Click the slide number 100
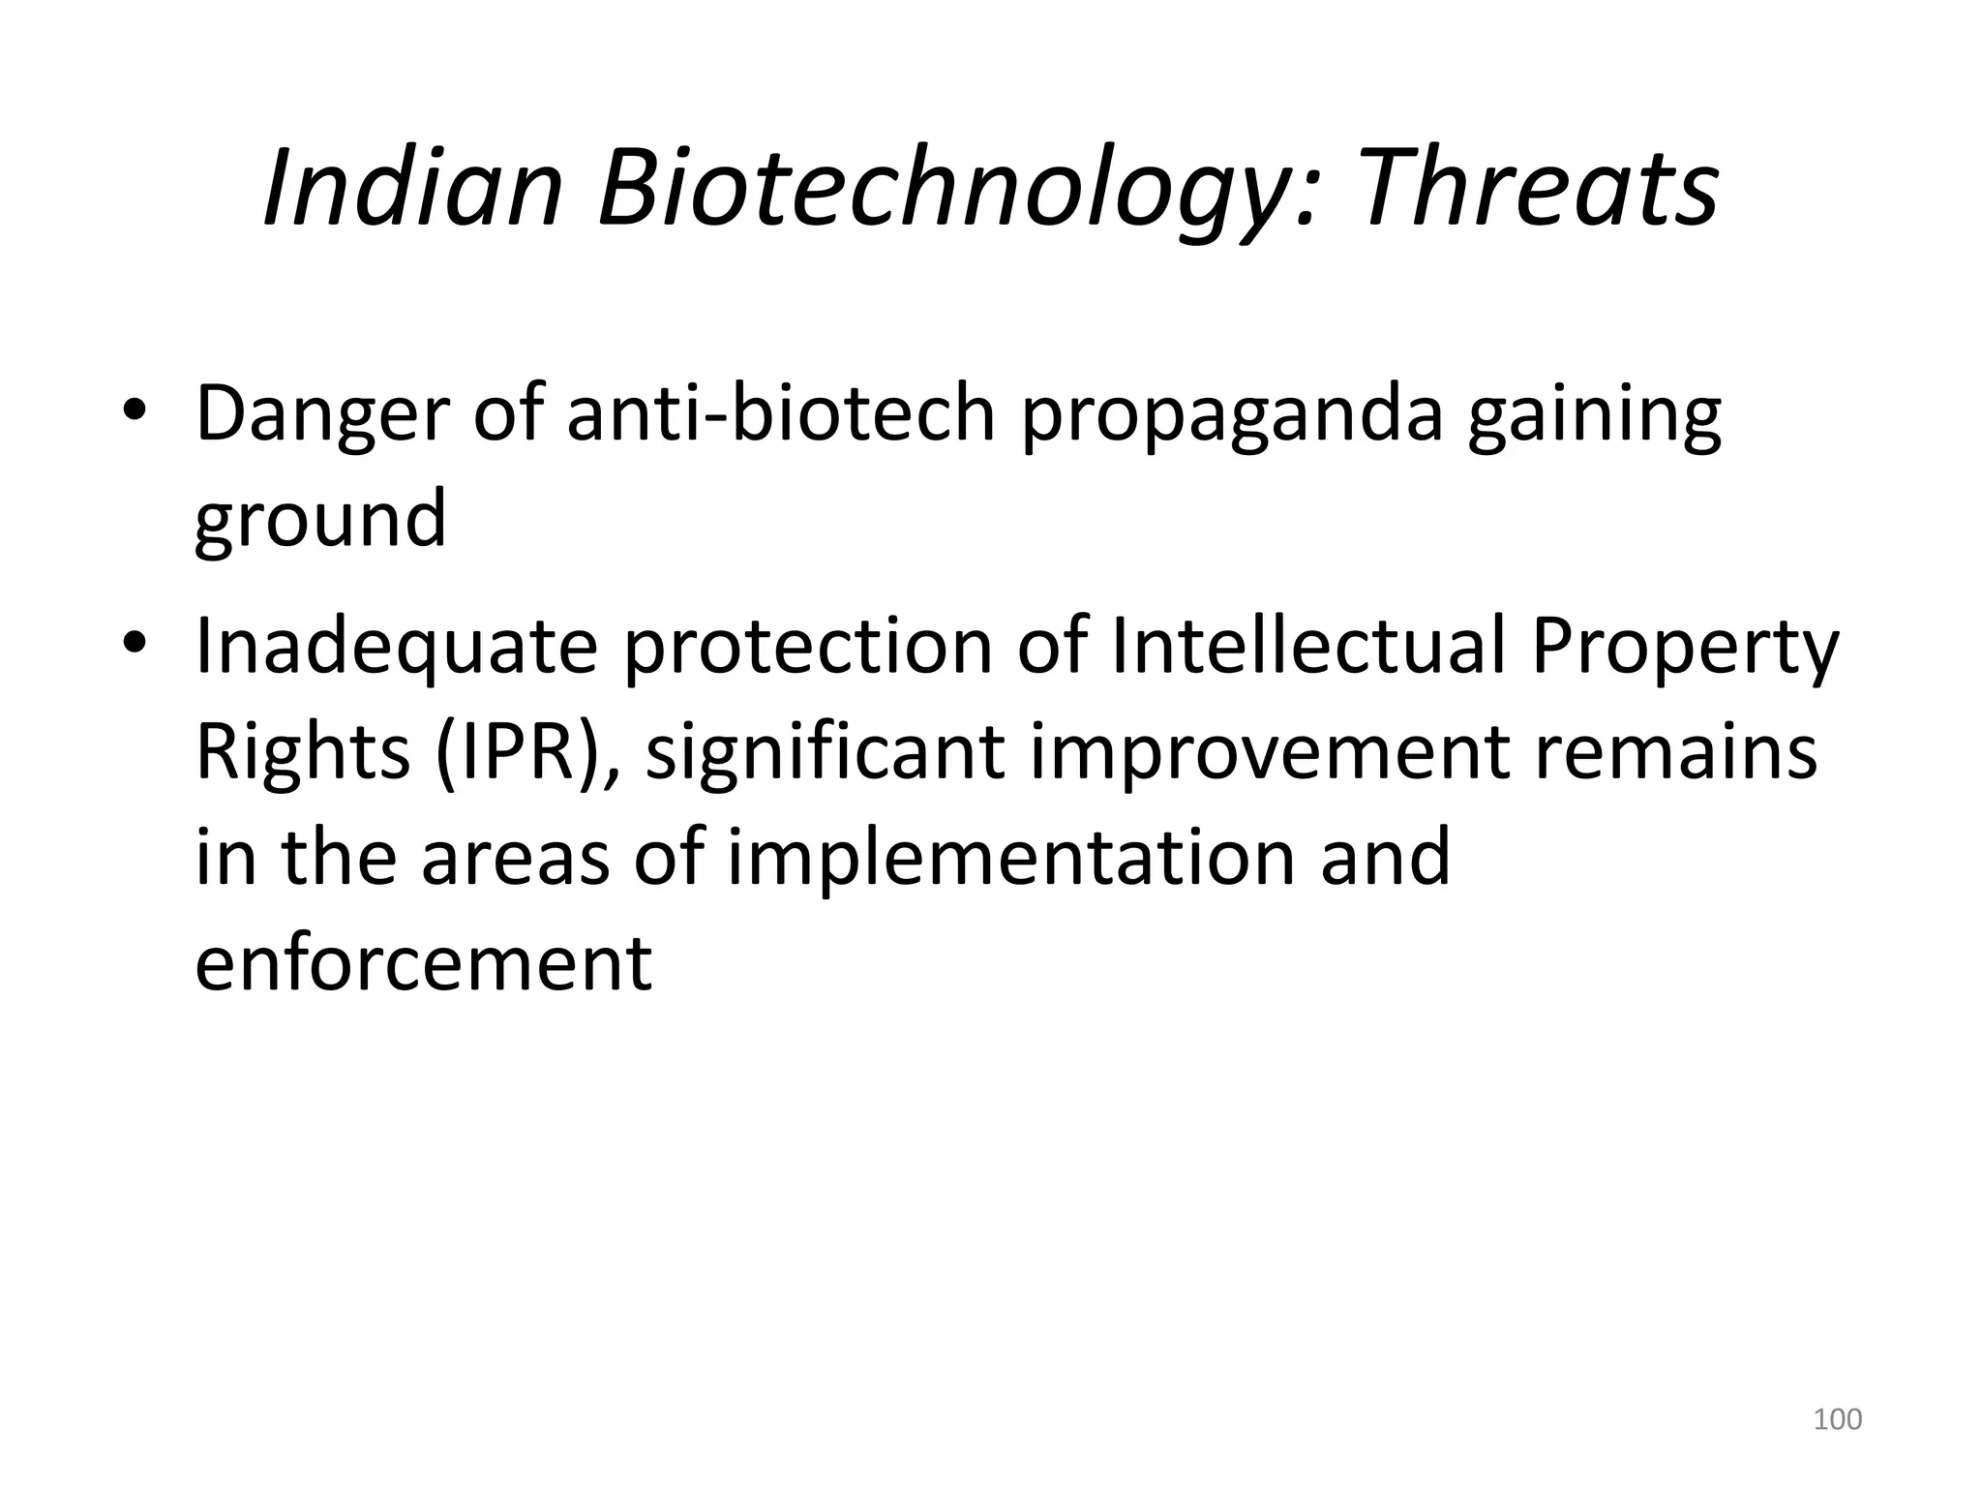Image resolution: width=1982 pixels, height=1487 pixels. (x=1837, y=1419)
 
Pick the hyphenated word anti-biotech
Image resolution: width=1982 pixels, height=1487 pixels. (x=780, y=414)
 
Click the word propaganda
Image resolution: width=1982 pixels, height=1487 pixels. (x=1232, y=414)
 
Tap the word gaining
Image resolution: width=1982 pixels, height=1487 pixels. (x=1594, y=414)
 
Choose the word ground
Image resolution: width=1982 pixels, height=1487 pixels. (x=320, y=521)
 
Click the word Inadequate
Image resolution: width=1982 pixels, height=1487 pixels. (x=397, y=646)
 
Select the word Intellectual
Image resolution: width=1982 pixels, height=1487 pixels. (x=1307, y=646)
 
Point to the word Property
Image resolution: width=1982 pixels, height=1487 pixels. (x=1685, y=646)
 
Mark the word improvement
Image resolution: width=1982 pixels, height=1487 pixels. (x=1269, y=752)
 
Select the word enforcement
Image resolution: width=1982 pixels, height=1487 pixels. (x=424, y=963)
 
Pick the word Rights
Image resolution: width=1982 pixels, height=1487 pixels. (x=303, y=752)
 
